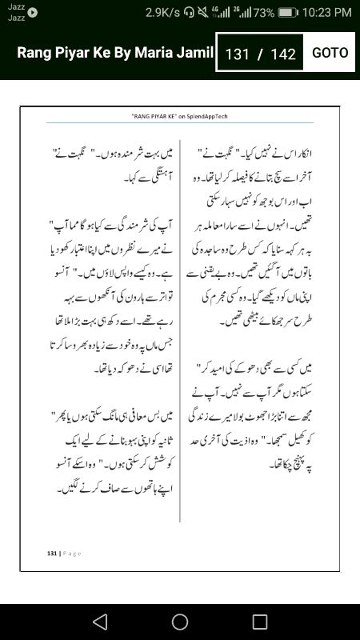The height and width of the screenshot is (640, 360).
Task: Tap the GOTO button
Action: [330, 53]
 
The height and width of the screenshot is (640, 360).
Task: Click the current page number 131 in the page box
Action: [238, 54]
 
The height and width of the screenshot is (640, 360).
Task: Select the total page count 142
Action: [283, 54]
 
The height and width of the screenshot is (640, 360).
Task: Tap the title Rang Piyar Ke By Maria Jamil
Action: [115, 53]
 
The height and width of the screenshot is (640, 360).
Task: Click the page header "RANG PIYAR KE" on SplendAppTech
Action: [180, 116]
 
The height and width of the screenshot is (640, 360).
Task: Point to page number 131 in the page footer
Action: [51, 553]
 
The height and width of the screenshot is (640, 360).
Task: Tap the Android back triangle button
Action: [99, 622]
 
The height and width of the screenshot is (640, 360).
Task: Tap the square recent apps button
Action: [260, 622]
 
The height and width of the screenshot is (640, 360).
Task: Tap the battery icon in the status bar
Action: [288, 12]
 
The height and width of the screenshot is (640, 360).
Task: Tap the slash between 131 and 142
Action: [260, 54]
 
